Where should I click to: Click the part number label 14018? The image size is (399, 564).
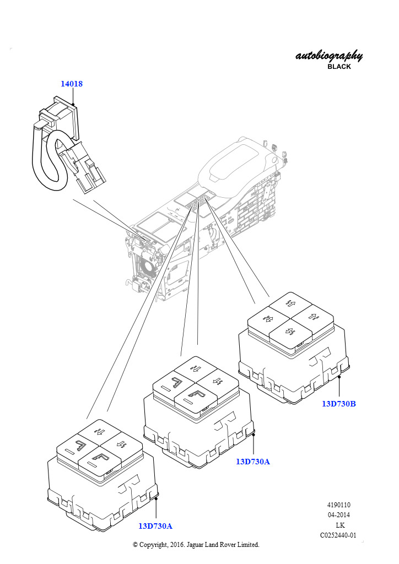click(x=71, y=84)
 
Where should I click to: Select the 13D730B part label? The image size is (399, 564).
click(x=338, y=404)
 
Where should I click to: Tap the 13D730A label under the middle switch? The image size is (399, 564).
click(x=252, y=462)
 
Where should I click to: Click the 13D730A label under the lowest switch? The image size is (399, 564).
click(x=155, y=526)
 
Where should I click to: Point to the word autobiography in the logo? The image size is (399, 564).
click(x=329, y=56)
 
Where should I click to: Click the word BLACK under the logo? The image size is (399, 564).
click(x=339, y=67)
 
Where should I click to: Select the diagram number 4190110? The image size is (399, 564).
click(x=338, y=505)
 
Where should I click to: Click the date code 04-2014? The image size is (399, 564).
click(x=338, y=515)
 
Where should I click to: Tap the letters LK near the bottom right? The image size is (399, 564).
click(x=340, y=525)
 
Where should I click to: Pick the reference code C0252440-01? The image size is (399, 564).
click(x=338, y=535)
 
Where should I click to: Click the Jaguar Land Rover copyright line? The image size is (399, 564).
click(x=196, y=545)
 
